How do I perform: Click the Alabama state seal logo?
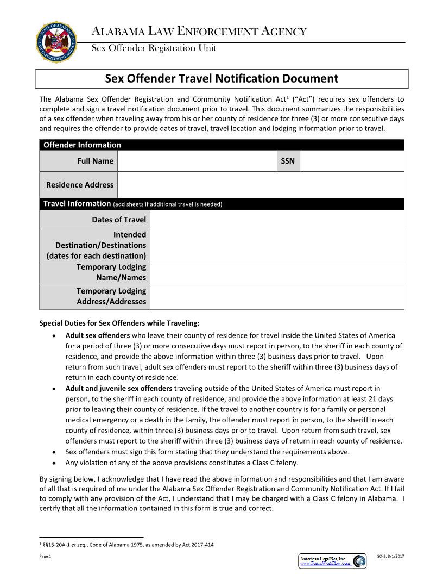click(56, 42)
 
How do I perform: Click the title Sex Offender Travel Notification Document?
click(221, 78)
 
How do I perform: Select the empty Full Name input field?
click(197, 161)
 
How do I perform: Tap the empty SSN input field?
click(352, 161)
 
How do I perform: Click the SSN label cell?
click(288, 161)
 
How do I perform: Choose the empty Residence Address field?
click(261, 185)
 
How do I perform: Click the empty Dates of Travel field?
click(277, 220)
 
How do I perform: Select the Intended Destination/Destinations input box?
click(277, 245)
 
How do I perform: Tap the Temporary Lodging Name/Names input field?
click(277, 272)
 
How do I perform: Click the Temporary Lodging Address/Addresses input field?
click(277, 296)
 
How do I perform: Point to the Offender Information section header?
click(82, 145)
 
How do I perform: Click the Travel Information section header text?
click(77, 204)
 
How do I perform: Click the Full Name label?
click(96, 161)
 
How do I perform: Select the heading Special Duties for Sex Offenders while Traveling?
click(119, 323)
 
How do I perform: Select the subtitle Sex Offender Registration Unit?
click(154, 48)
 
